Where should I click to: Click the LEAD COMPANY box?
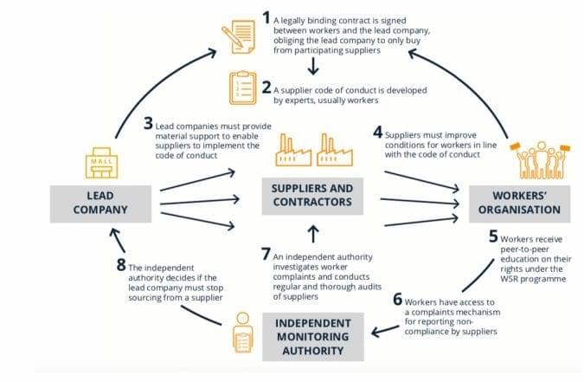pyautogui.click(x=100, y=204)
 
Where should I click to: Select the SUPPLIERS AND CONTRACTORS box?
pyautogui.click(x=312, y=197)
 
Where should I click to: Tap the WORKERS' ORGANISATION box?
pyautogui.click(x=520, y=204)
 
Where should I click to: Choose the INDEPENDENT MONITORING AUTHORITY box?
pyautogui.click(x=313, y=337)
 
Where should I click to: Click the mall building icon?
pyautogui.click(x=101, y=163)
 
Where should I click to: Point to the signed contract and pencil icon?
pyautogui.click(x=239, y=37)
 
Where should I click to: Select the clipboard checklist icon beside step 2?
pyautogui.click(x=243, y=88)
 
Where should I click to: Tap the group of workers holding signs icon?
pyautogui.click(x=540, y=160)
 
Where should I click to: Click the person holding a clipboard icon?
pyautogui.click(x=242, y=333)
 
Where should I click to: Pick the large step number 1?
pyautogui.click(x=266, y=17)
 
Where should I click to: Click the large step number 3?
pyautogui.click(x=148, y=124)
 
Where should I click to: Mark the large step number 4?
pyautogui.click(x=378, y=132)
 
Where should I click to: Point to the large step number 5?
pyautogui.click(x=493, y=236)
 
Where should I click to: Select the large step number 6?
pyautogui.click(x=398, y=299)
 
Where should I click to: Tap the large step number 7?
pyautogui.click(x=266, y=254)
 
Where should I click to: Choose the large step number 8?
pyautogui.click(x=121, y=265)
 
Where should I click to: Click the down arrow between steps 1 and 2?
pyautogui.click(x=313, y=67)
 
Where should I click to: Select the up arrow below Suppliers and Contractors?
pyautogui.click(x=313, y=234)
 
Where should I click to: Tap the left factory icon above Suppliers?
pyautogui.click(x=293, y=150)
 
